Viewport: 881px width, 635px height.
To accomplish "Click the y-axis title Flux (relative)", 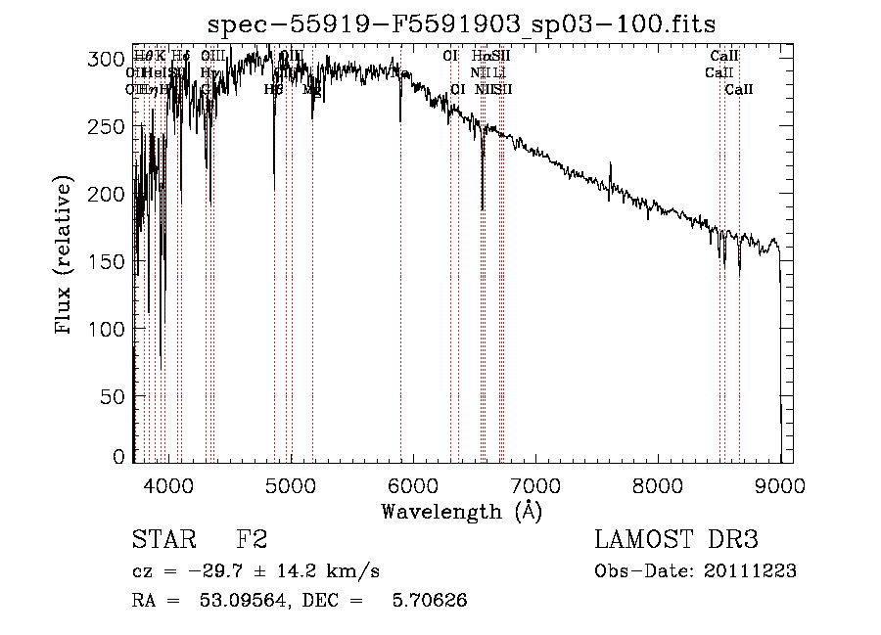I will (x=65, y=256).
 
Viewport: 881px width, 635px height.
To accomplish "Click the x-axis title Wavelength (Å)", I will (x=461, y=511).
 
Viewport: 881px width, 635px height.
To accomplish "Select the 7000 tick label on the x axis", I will (x=534, y=484).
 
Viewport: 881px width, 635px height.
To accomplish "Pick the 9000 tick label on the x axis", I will (x=779, y=484).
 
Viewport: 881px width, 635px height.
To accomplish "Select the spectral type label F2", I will (x=252, y=540).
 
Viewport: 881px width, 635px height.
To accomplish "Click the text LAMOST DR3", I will (x=675, y=540).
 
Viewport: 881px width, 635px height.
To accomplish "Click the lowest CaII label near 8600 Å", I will (x=739, y=89).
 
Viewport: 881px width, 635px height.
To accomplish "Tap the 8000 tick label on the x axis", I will (x=657, y=484).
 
